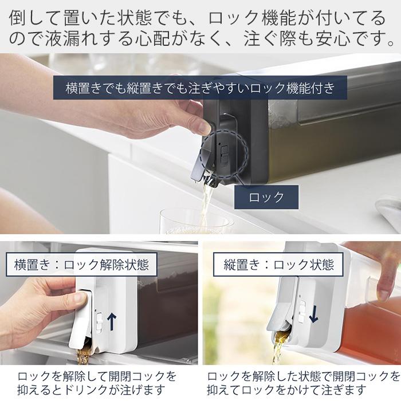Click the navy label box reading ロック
point(266,197)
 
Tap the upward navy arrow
point(112,322)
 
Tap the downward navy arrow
point(313,314)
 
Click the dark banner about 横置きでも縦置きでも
point(200,88)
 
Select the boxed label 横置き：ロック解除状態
point(81,265)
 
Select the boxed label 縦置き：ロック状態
point(278,265)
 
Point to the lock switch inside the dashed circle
point(225,155)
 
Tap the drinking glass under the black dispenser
point(196,222)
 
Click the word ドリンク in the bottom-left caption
point(85,391)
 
